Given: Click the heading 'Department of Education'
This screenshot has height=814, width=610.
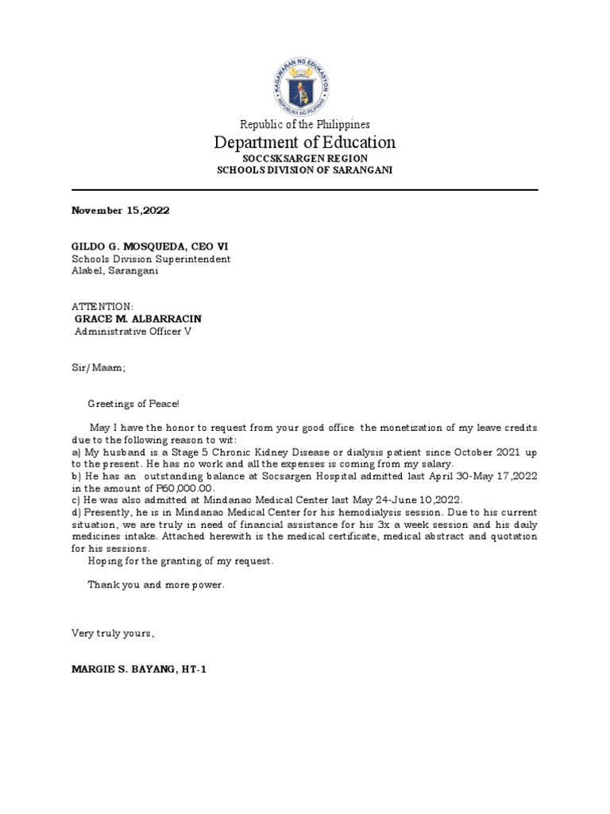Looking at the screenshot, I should click(x=305, y=143).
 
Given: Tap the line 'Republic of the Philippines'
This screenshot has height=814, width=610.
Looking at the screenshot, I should click(x=305, y=125).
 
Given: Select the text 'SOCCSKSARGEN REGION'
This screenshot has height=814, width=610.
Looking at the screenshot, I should click(x=305, y=159).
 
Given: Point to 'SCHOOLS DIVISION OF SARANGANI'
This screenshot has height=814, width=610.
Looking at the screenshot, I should click(x=305, y=171).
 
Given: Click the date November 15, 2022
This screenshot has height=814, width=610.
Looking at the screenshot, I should click(x=121, y=211).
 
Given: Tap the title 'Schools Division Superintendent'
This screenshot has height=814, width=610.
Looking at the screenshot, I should click(x=151, y=259).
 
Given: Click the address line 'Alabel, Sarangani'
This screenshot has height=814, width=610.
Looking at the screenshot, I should click(x=115, y=271).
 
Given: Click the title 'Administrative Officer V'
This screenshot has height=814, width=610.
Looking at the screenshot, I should click(x=133, y=331).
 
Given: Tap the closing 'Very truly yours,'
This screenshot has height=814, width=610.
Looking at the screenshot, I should click(x=113, y=634).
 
